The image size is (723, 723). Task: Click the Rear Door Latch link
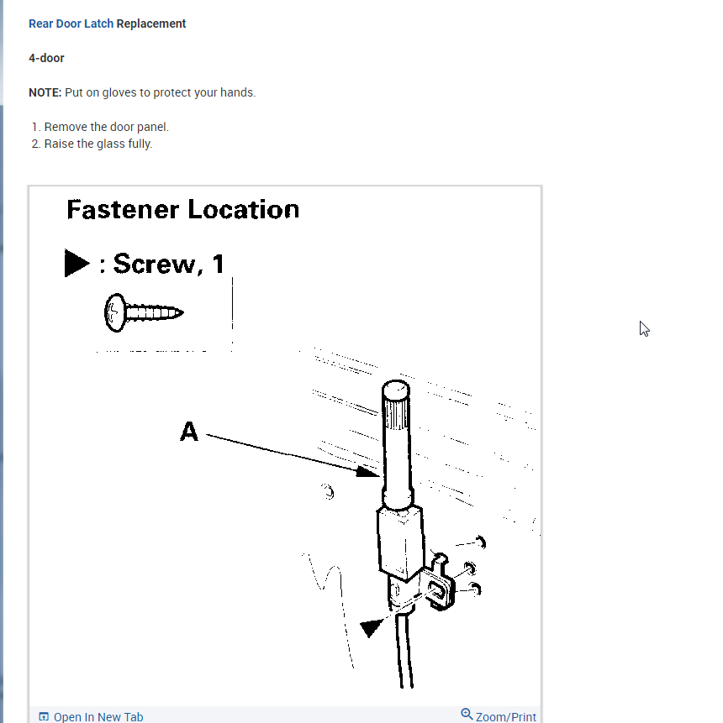coord(71,24)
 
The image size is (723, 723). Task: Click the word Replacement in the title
coord(151,24)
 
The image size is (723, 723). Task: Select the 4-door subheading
coord(46,58)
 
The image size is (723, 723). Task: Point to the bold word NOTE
coord(44,92)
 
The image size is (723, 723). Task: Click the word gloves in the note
coord(122,92)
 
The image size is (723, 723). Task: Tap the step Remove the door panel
coord(106,127)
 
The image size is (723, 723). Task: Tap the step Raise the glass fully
coord(98,144)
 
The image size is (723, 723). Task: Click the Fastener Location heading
coord(182,209)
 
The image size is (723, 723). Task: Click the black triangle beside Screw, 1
coord(77,263)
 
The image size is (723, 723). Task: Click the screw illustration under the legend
coord(144,313)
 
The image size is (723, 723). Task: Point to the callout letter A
coord(189,432)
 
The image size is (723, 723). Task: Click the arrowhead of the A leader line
coord(368,472)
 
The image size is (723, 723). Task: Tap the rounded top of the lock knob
coord(396,390)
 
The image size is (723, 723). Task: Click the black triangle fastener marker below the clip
coord(372,627)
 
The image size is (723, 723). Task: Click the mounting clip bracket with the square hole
coord(440,589)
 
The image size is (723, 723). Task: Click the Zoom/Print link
coord(505,716)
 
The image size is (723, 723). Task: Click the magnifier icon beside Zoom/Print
coord(467,715)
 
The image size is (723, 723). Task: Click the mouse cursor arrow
coord(644,328)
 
